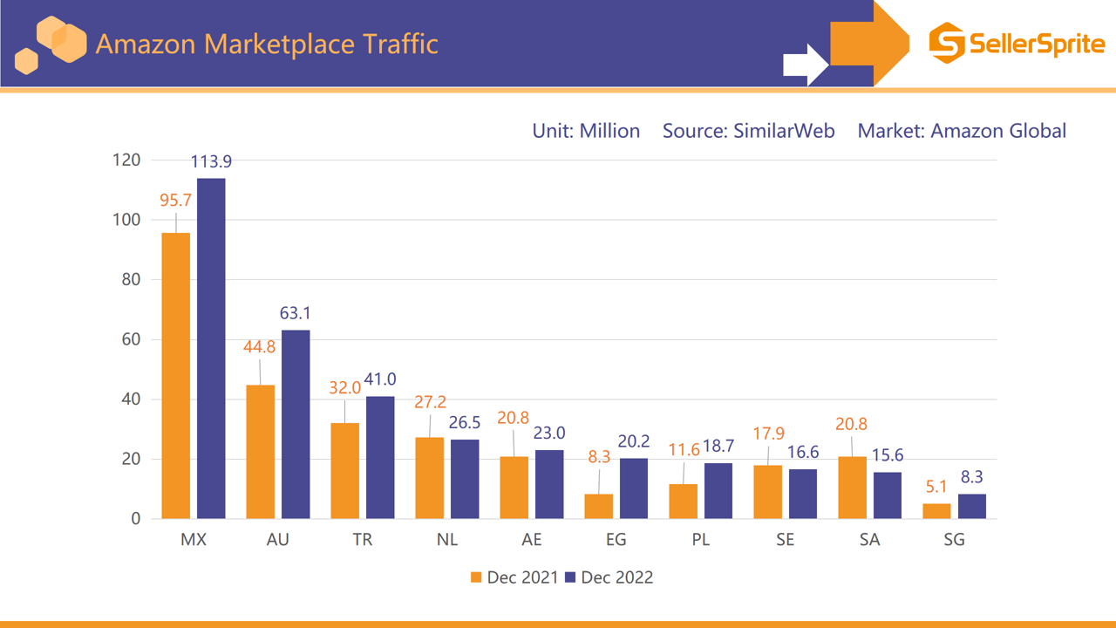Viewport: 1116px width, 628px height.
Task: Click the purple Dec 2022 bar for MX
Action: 211,349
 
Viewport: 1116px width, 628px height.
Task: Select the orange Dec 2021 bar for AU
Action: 260,452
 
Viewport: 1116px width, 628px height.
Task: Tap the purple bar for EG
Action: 634,488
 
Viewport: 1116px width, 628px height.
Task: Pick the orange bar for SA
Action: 852,488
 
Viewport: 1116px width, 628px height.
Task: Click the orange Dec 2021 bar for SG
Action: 936,511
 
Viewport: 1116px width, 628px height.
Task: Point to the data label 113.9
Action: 211,161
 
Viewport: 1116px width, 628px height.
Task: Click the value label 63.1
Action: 296,313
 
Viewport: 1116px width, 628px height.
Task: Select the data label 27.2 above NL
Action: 430,402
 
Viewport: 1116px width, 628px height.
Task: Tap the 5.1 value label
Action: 936,487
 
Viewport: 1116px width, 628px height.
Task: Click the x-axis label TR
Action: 363,540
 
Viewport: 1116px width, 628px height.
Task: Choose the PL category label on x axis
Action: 700,540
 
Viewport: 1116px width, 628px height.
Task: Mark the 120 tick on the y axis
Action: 126,160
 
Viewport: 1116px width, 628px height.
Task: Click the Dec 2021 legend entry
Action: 514,577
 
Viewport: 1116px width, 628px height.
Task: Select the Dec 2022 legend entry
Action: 609,577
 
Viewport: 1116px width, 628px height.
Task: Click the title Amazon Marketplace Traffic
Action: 266,44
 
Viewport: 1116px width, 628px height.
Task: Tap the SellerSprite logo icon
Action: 947,43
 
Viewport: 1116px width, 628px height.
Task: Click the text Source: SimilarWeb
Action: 748,131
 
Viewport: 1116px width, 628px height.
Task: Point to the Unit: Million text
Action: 586,131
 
